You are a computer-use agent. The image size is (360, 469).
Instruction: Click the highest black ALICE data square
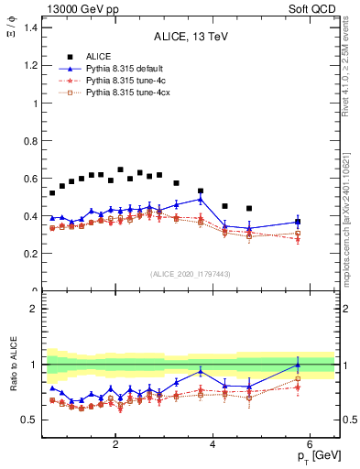(x=121, y=169)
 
